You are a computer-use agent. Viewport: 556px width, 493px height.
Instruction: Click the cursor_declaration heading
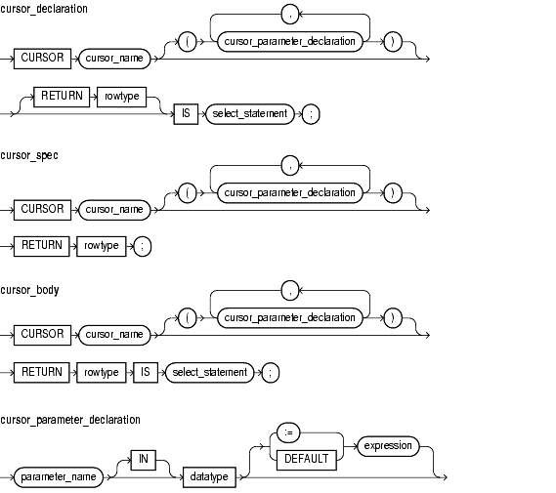tap(44, 9)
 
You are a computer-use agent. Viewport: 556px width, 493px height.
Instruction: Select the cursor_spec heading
tap(29, 155)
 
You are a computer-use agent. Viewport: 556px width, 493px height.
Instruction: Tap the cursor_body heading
tap(29, 290)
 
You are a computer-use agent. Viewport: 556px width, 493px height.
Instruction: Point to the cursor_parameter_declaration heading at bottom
tap(70, 420)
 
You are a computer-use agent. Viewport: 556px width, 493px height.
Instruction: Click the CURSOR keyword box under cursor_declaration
tap(42, 58)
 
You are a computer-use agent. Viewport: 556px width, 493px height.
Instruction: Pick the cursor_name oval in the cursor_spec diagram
tap(114, 210)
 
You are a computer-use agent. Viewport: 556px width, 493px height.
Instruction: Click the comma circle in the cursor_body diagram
tap(290, 291)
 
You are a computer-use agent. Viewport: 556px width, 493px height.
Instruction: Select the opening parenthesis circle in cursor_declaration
tap(188, 42)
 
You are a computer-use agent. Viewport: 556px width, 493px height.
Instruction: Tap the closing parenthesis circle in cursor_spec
tap(393, 193)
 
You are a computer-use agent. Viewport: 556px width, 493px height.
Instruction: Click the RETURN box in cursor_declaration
tap(62, 97)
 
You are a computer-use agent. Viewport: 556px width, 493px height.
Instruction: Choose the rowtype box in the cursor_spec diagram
tap(102, 246)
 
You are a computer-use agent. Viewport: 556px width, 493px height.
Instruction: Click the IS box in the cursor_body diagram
tap(146, 372)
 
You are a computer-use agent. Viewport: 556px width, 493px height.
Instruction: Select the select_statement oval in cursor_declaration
tap(250, 114)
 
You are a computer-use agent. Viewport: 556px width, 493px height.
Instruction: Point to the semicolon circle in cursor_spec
tap(143, 246)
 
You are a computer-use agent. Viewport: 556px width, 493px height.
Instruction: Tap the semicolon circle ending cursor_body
tap(271, 373)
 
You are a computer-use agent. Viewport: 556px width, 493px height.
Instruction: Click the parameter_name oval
tap(59, 477)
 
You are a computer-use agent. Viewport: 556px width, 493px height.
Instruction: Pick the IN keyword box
tap(144, 460)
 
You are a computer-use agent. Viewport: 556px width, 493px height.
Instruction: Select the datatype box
tap(209, 477)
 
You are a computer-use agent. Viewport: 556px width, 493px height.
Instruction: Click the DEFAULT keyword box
tap(307, 460)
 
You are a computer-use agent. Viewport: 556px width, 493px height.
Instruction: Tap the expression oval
tap(388, 446)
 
